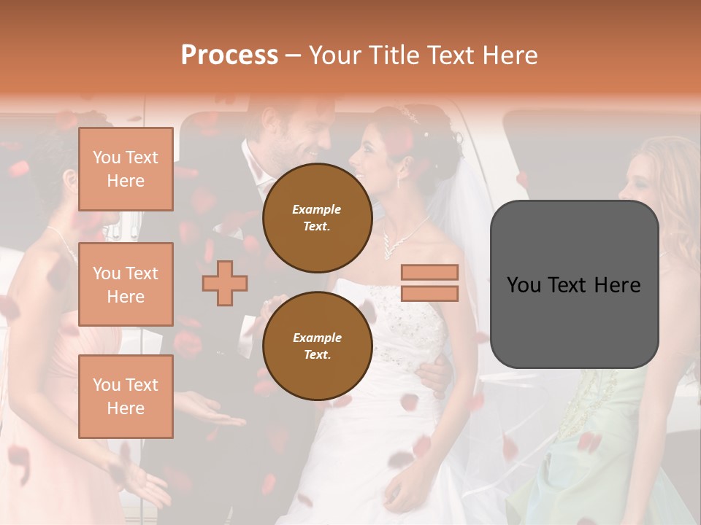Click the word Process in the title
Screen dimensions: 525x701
coord(229,55)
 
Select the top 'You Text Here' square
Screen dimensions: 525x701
coord(126,169)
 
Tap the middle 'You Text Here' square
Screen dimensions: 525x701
coord(126,284)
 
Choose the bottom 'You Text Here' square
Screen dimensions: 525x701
coord(126,397)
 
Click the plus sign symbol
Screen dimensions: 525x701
coord(225,283)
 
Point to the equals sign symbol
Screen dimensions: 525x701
coord(429,283)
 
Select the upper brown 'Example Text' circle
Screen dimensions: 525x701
coord(317,218)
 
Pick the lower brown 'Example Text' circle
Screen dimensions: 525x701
coord(317,346)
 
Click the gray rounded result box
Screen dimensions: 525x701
coord(574,284)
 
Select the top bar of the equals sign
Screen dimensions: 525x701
coord(429,273)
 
